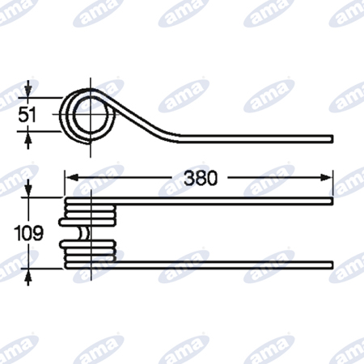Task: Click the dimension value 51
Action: click(x=27, y=115)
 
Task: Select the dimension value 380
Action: click(x=201, y=178)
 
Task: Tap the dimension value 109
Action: click(x=28, y=233)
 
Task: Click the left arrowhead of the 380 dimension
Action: click(x=71, y=178)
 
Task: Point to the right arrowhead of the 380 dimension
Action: click(x=326, y=178)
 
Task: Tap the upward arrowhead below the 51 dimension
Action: click(x=28, y=138)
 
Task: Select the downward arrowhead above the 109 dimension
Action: click(x=28, y=191)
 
